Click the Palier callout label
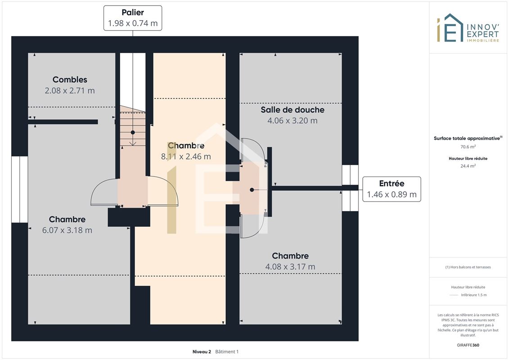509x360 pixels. pyautogui.click(x=133, y=18)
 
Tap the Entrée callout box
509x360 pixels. pyautogui.click(x=392, y=189)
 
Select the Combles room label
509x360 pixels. pyautogui.click(x=70, y=80)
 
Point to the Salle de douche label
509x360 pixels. pyautogui.click(x=293, y=110)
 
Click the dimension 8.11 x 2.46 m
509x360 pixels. pyautogui.click(x=186, y=157)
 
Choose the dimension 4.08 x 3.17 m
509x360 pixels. pyautogui.click(x=290, y=267)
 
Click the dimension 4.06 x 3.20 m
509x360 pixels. pyautogui.click(x=293, y=121)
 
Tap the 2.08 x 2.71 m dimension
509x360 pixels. pyautogui.click(x=70, y=90)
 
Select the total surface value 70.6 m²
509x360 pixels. pyautogui.click(x=468, y=147)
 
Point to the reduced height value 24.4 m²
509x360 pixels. pyautogui.click(x=468, y=166)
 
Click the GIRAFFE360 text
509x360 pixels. pyautogui.click(x=468, y=345)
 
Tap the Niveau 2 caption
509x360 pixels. pyautogui.click(x=202, y=351)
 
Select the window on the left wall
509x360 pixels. pyautogui.click(x=19, y=189)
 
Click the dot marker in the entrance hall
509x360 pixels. pyautogui.click(x=252, y=190)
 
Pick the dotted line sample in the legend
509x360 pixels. pyautogui.click(x=454, y=295)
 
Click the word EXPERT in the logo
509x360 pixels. pyautogui.click(x=482, y=34)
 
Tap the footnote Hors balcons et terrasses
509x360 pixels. pyautogui.click(x=468, y=267)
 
